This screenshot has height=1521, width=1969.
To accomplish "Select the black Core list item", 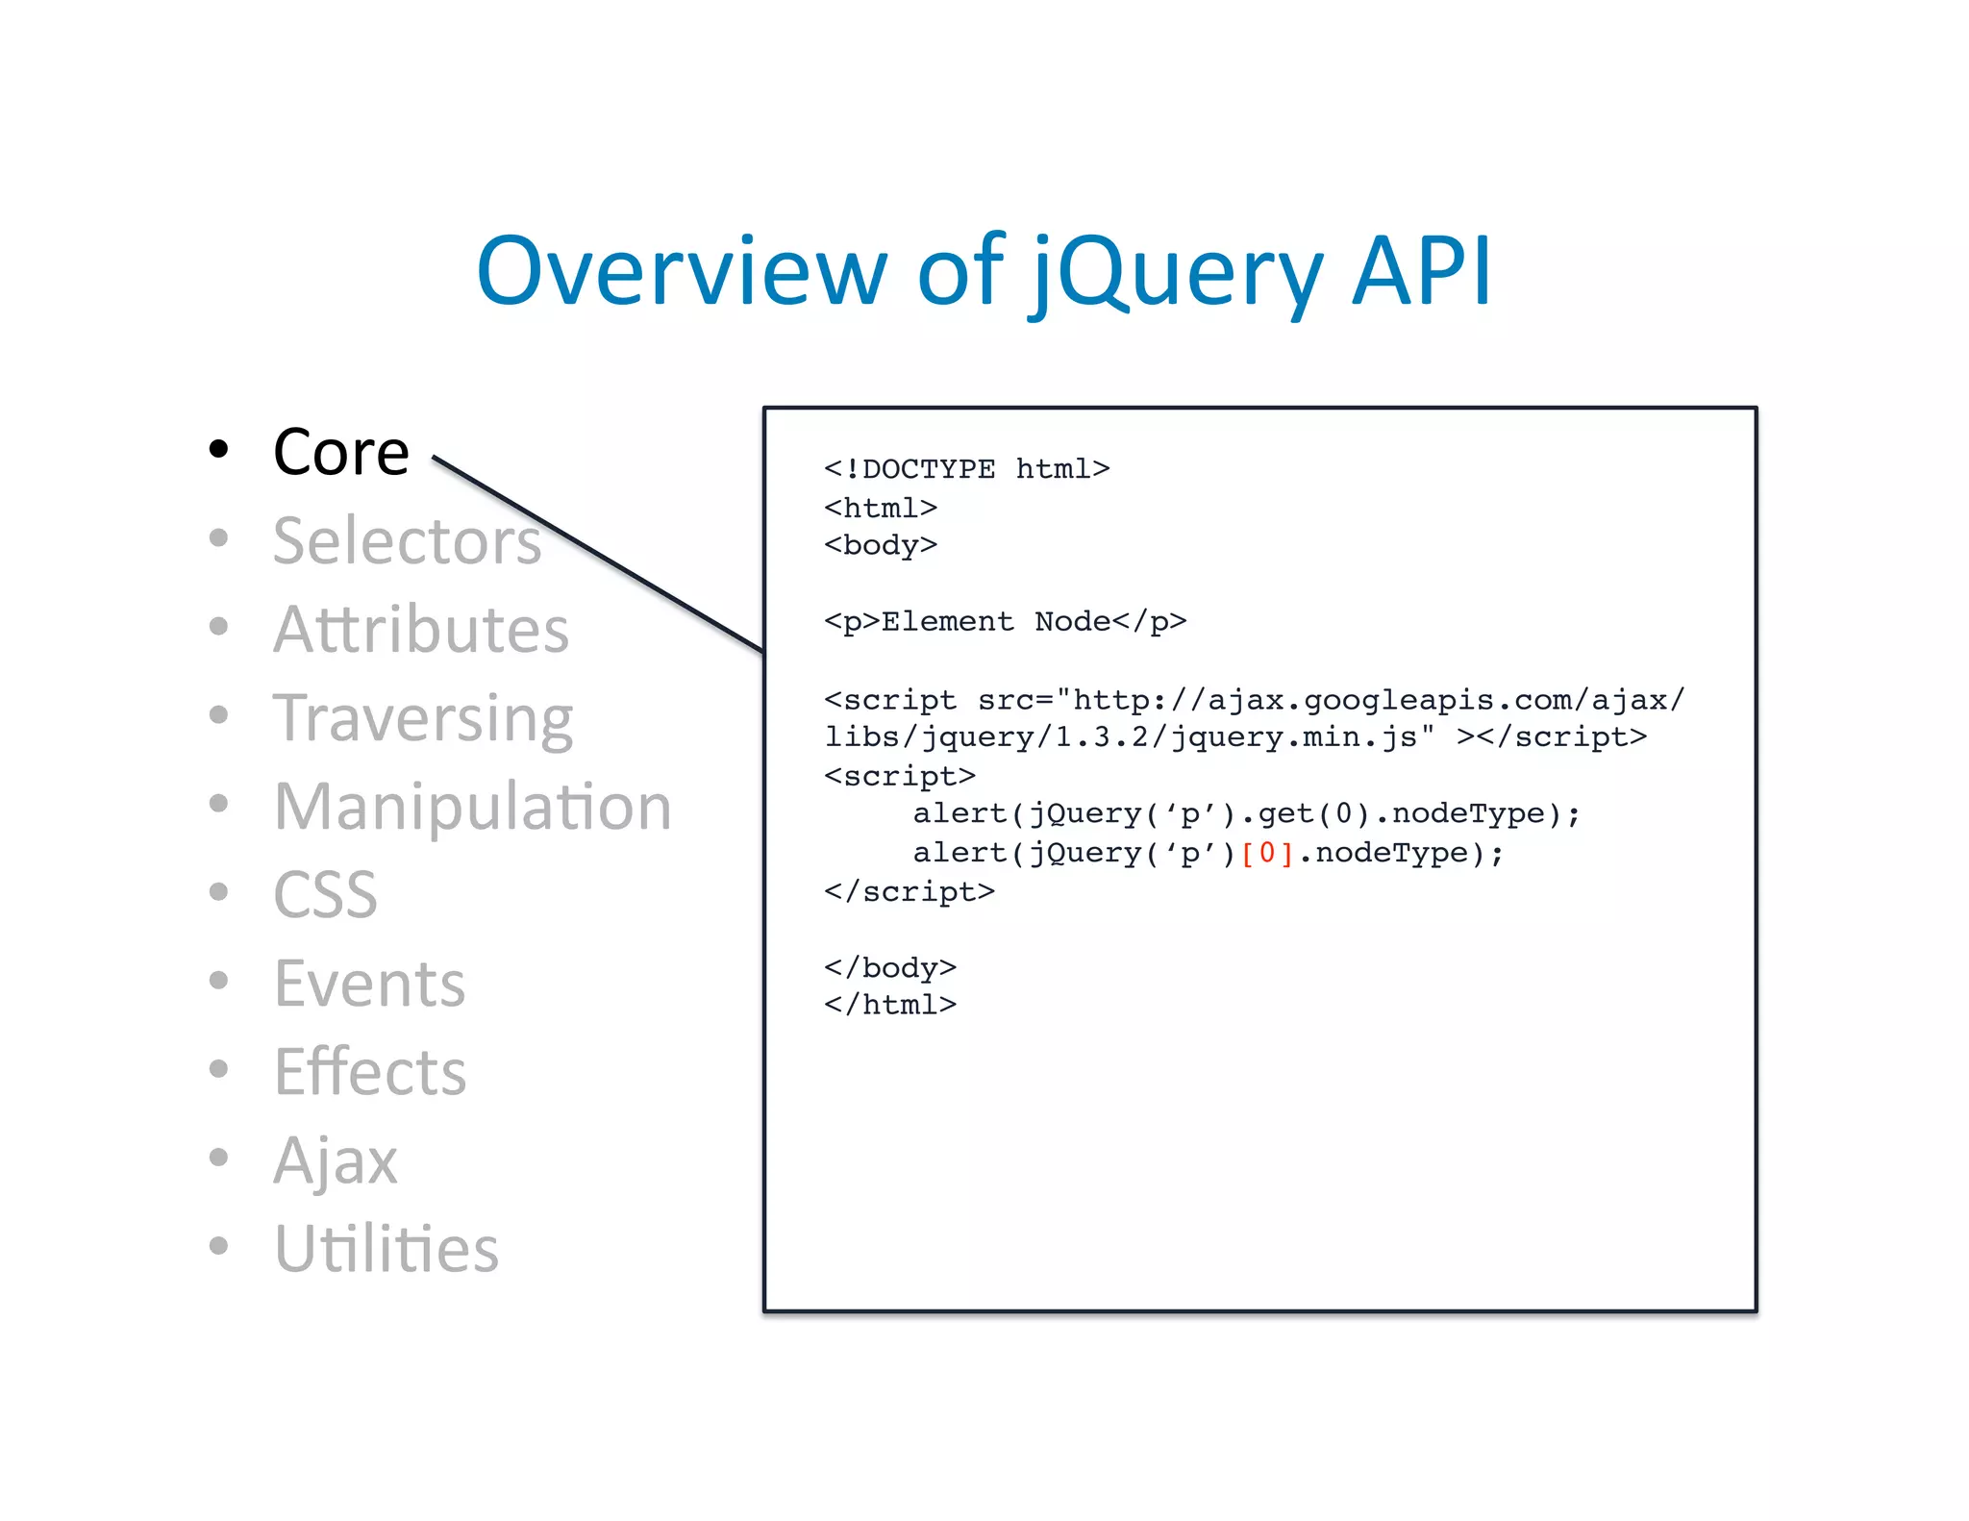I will click(341, 452).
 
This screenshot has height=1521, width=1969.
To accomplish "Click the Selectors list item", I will click(407, 540).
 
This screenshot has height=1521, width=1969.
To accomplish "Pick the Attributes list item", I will click(421, 630).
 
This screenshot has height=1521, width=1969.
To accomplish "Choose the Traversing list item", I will click(423, 718).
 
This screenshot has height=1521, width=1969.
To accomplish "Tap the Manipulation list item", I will click(472, 807).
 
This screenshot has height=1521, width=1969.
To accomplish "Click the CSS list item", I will click(325, 895).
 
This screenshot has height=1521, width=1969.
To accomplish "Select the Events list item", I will click(369, 984).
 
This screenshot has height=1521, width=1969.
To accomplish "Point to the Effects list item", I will click(370, 1072).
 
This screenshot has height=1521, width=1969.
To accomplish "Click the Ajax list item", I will click(335, 1160).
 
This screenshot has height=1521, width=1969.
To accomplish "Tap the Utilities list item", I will click(386, 1249).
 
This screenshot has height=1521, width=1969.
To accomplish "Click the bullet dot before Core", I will click(219, 449).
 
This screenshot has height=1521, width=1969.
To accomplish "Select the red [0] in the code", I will click(1267, 853).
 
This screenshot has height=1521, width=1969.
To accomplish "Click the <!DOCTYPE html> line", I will click(966, 469).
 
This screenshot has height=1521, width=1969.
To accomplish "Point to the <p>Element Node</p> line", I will click(1005, 622).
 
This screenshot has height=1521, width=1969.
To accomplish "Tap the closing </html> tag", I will click(890, 1005).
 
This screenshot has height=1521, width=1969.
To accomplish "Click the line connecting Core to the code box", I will click(596, 554).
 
